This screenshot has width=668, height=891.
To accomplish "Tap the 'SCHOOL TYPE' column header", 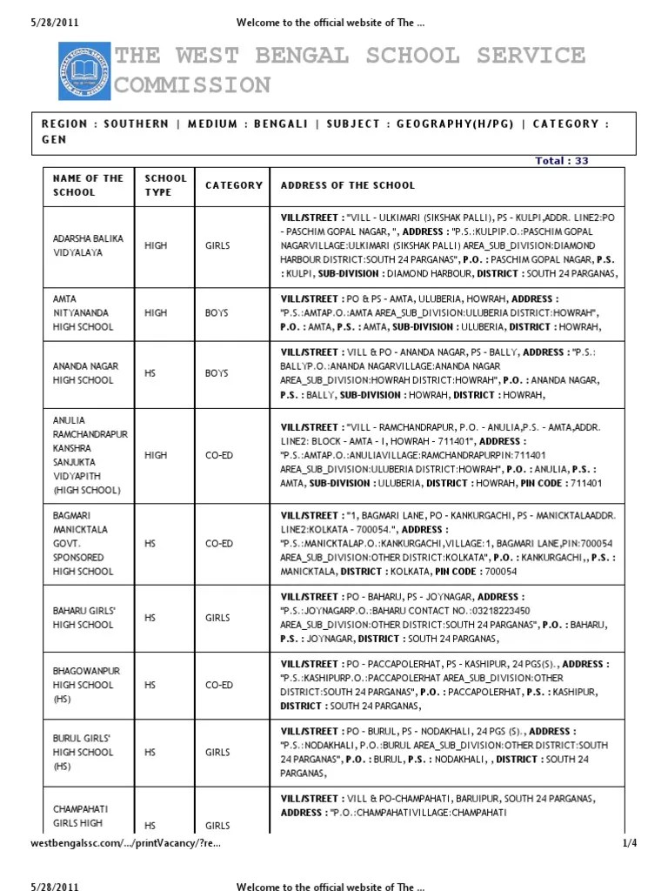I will click(165, 185).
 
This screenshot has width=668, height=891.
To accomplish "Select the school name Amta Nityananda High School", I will click(83, 312).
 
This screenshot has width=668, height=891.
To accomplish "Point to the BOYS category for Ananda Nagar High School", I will click(217, 373).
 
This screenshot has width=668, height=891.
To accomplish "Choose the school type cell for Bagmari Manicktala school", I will click(150, 544).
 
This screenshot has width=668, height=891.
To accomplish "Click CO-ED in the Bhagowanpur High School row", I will click(219, 685).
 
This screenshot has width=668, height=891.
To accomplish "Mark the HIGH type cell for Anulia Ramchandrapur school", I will click(156, 455).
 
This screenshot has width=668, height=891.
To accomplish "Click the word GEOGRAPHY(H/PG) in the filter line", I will click(454, 124).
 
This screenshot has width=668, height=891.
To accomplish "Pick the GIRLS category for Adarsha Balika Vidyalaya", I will click(217, 245).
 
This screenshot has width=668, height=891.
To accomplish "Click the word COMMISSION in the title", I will click(193, 85).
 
